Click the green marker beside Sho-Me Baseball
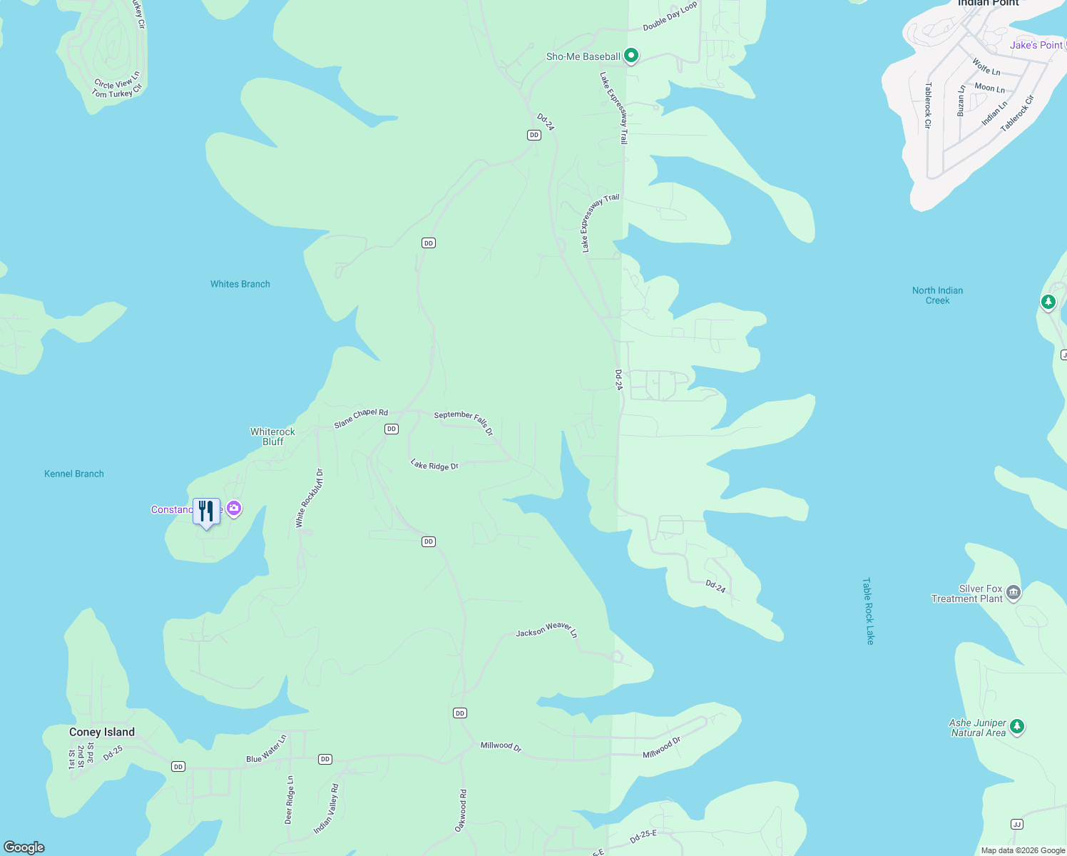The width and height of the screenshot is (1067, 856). pos(630,56)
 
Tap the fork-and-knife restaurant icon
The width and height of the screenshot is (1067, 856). pos(206,511)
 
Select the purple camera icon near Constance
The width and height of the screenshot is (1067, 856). pos(233,509)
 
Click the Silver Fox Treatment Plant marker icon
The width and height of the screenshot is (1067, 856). pos(1014,593)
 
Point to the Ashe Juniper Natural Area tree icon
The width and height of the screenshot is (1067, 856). pos(1017,727)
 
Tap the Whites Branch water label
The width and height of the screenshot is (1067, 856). pos(240,284)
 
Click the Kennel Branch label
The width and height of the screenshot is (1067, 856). pos(74,474)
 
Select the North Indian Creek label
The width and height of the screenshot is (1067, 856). pos(937,295)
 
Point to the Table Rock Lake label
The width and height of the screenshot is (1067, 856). pos(868,611)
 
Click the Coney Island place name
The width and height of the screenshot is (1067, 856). pos(102,732)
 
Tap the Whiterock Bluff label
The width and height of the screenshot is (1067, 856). pos(272,437)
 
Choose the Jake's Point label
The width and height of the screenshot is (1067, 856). pos(1036,45)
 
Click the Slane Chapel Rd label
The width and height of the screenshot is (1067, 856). pos(361,418)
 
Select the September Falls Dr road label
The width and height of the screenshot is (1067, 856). pos(464,422)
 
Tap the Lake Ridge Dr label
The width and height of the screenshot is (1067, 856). pos(434,465)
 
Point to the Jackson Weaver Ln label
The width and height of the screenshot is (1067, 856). pos(546,630)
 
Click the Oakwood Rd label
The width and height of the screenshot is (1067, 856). pos(461,810)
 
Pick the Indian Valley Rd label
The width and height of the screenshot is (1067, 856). pos(326,809)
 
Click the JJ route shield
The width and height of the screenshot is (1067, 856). pos(1017,824)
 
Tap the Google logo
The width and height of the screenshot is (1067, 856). pos(24,847)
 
